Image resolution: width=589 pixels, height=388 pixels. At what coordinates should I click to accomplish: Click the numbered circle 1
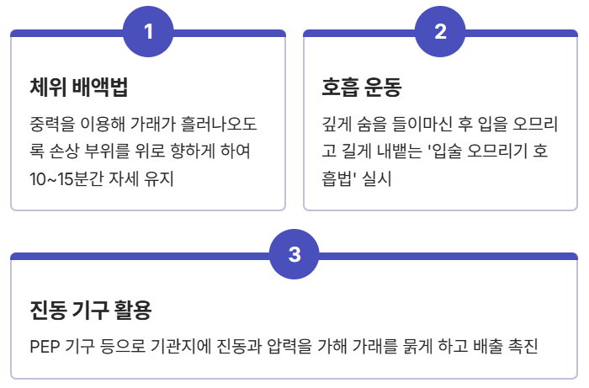pyautogui.click(x=148, y=32)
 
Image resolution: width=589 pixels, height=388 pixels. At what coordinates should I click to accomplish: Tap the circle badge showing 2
pyautogui.click(x=440, y=32)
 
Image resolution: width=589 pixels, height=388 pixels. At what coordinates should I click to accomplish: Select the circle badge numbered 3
pyautogui.click(x=294, y=255)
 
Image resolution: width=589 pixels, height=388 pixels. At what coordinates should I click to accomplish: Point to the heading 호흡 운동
pyautogui.click(x=362, y=87)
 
